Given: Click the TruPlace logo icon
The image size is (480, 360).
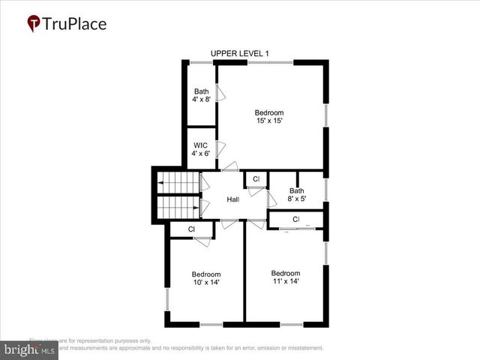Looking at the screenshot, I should (34, 24).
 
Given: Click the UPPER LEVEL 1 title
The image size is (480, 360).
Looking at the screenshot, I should (240, 53).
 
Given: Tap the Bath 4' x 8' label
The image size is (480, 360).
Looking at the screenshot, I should (201, 96).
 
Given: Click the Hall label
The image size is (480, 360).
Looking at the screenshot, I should (233, 199).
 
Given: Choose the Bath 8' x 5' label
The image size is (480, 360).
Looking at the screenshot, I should (297, 195).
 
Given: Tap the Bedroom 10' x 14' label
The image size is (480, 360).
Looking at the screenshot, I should (205, 278).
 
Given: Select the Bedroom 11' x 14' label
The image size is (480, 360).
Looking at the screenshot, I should (286, 277).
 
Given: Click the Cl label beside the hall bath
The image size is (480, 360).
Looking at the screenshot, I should (256, 179).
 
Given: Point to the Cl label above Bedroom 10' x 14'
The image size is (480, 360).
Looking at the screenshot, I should (191, 229).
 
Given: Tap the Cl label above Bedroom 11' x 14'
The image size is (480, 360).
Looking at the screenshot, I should (296, 219).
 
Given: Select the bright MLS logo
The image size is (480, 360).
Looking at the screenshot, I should (29, 349).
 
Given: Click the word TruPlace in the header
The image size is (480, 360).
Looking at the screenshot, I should (75, 24).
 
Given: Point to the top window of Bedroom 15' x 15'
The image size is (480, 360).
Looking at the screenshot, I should (270, 62).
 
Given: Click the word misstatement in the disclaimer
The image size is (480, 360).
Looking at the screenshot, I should (301, 348).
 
